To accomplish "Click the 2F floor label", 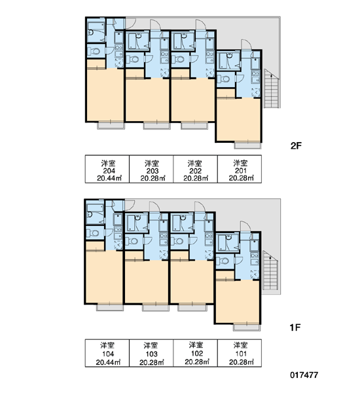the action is (x=296, y=145).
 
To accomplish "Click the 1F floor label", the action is (x=295, y=327).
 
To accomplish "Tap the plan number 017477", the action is (x=304, y=375).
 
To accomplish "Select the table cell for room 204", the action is (x=107, y=169).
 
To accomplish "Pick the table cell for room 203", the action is (x=151, y=169).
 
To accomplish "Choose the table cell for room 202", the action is (x=196, y=169).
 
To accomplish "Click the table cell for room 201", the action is (x=240, y=169).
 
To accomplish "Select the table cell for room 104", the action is (x=107, y=353).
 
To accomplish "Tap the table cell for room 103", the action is (x=151, y=353).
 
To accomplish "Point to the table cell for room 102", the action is (x=196, y=353).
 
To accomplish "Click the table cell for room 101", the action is (x=240, y=353).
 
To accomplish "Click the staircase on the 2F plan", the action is (x=272, y=88).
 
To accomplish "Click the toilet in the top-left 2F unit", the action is (x=94, y=51).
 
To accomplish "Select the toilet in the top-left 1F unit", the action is (x=93, y=233).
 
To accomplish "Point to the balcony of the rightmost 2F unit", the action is (x=247, y=145).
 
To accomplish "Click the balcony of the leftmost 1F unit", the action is (x=110, y=307).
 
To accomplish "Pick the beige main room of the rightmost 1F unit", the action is (x=237, y=302).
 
